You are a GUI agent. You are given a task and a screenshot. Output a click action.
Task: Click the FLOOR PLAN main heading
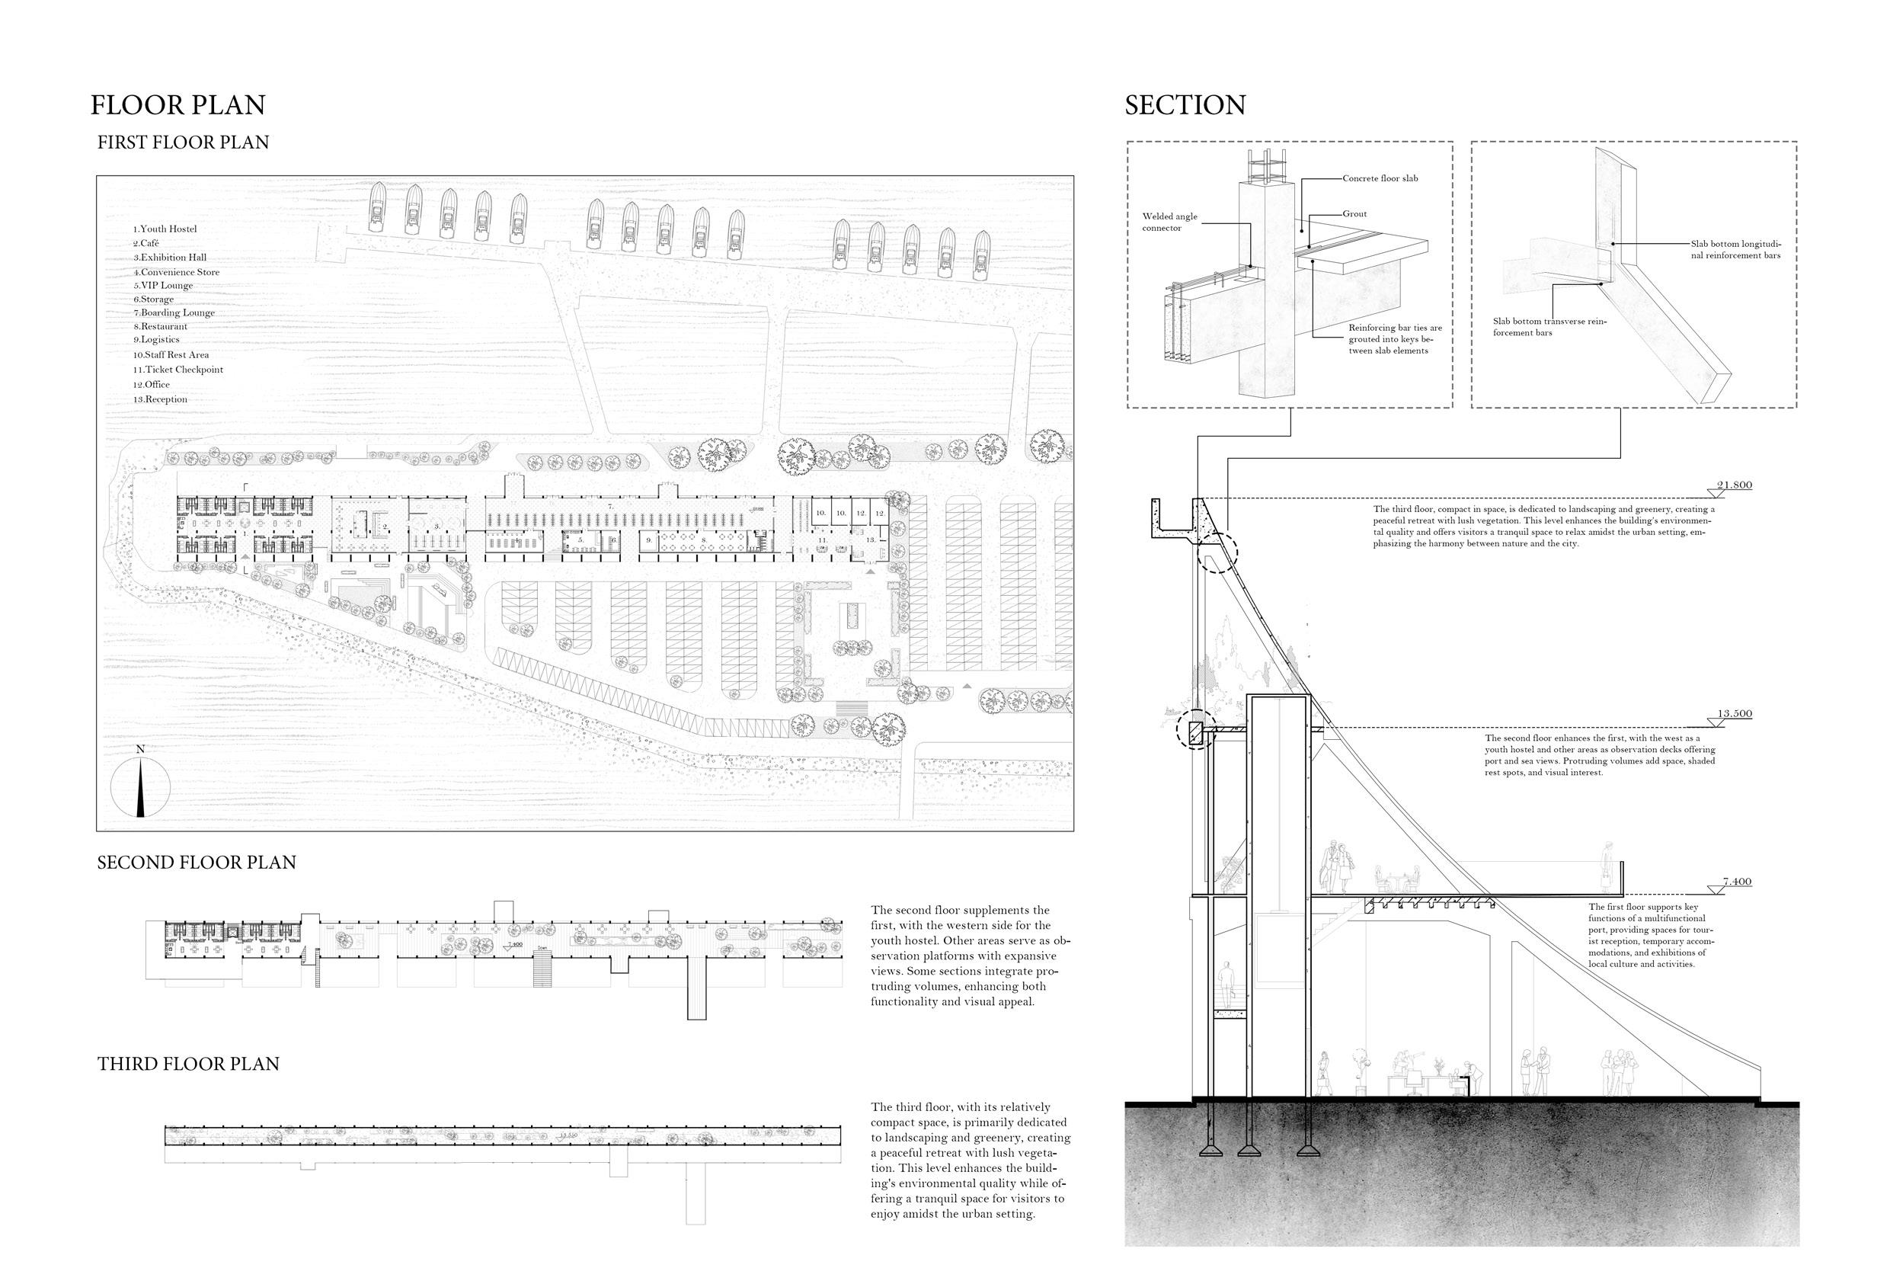[x=177, y=105]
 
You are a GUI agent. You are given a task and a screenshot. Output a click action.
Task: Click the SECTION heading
[x=1185, y=105]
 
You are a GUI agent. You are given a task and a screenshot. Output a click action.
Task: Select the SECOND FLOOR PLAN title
[x=197, y=863]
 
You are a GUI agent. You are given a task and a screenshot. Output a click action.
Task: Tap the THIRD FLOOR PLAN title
[x=188, y=1064]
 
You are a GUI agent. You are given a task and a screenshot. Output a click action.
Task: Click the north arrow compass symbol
[x=141, y=785]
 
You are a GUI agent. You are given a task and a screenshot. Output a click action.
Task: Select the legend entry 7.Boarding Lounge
[x=174, y=313]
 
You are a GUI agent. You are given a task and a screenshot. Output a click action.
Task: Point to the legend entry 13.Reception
[x=160, y=399]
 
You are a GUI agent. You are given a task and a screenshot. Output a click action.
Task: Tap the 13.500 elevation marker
[x=1734, y=714]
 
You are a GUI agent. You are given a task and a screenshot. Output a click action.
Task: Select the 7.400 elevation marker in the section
[x=1735, y=882]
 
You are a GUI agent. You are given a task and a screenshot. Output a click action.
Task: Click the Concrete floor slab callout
[x=1380, y=178]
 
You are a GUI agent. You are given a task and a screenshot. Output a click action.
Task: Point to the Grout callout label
[x=1355, y=214]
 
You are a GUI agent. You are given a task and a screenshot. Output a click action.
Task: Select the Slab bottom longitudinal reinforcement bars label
[x=1735, y=249]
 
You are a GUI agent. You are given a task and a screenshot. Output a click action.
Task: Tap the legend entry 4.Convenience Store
[x=176, y=273]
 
